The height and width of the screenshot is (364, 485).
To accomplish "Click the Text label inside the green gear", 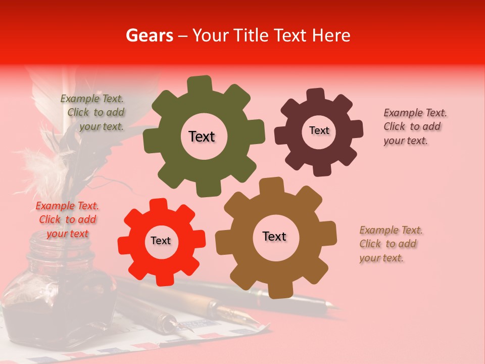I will [x=202, y=136].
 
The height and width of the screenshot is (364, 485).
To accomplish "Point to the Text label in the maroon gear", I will [x=319, y=130].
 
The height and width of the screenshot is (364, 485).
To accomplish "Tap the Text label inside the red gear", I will [x=161, y=241].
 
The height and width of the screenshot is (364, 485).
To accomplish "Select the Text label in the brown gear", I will [x=274, y=236].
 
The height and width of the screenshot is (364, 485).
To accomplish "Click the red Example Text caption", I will [x=67, y=219].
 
